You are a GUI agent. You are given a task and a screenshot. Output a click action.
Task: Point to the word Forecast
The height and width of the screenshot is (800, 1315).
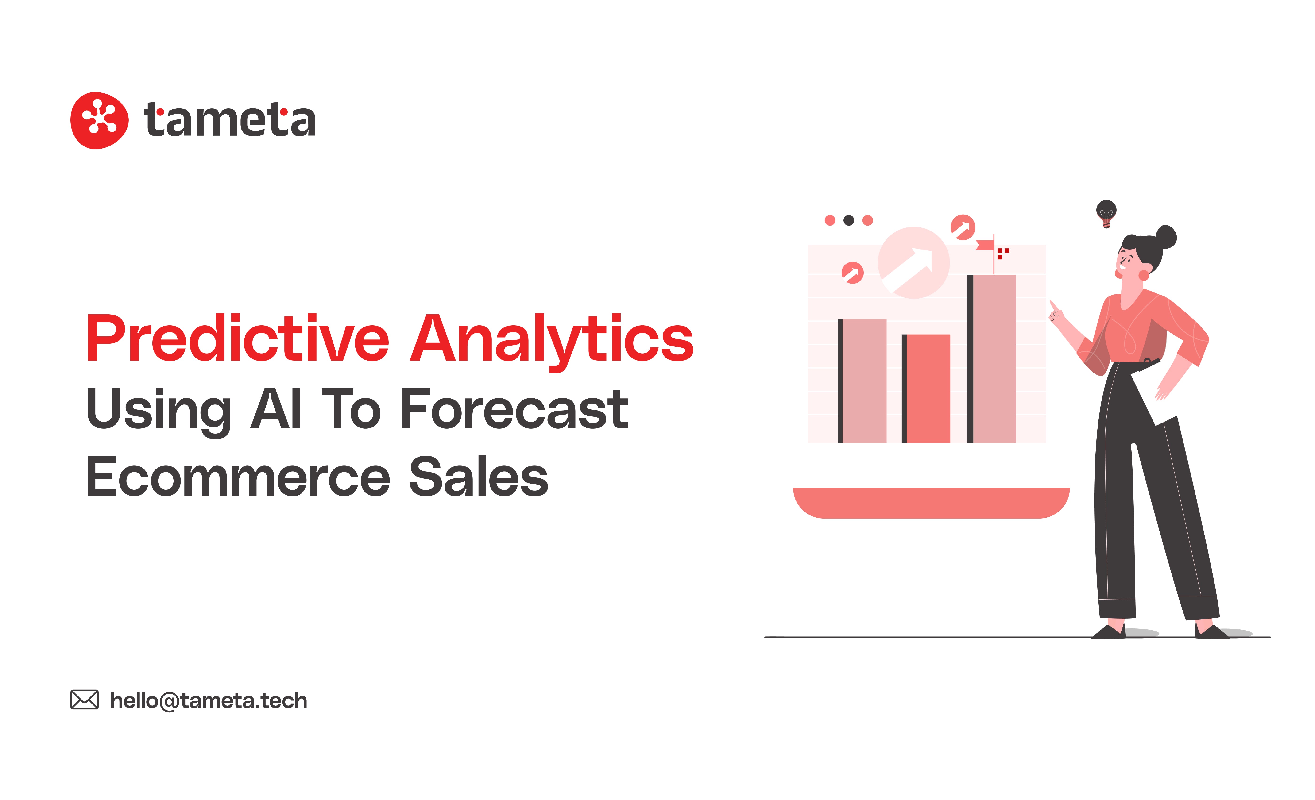pyautogui.click(x=514, y=410)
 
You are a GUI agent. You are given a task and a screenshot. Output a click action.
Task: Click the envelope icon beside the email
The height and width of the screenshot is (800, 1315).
pyautogui.click(x=84, y=700)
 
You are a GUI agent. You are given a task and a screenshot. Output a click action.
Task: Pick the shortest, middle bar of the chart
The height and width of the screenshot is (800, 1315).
pyautogui.click(x=926, y=388)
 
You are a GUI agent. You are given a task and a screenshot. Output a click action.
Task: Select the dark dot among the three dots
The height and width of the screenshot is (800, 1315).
pyautogui.click(x=849, y=220)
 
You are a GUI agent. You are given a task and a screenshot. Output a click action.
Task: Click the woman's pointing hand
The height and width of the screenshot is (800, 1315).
pyautogui.click(x=1056, y=312)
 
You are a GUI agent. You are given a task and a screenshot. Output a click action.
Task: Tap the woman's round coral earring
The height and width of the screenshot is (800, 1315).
pyautogui.click(x=1144, y=275)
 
